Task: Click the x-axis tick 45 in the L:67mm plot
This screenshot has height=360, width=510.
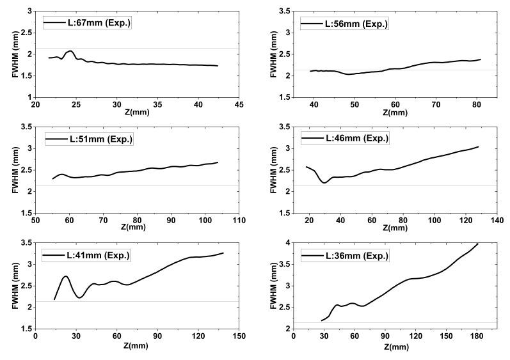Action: [x=239, y=104]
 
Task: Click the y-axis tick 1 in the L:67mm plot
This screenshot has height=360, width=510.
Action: [x=29, y=97]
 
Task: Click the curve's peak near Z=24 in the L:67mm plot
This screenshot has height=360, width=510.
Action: [x=70, y=51]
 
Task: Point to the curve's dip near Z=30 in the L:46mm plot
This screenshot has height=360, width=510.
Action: [x=324, y=183]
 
